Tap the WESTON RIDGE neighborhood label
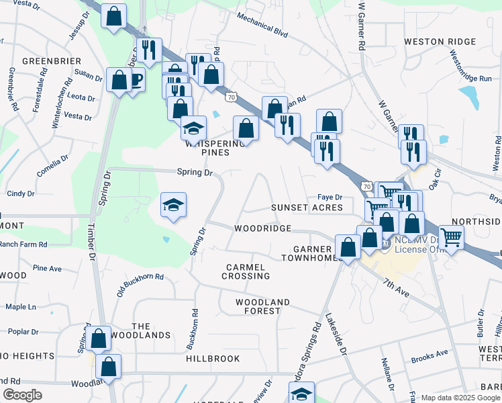pos(434,42)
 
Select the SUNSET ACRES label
pos(307,208)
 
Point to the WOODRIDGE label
pos(262,228)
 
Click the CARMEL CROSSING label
pos(248,271)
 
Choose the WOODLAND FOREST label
pos(258,306)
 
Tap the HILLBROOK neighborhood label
pos(213,359)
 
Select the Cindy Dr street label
pos(21,194)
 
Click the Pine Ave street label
pos(47,269)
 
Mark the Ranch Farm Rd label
pos(24,245)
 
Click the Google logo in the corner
pos(22,395)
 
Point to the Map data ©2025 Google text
pos(460,398)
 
